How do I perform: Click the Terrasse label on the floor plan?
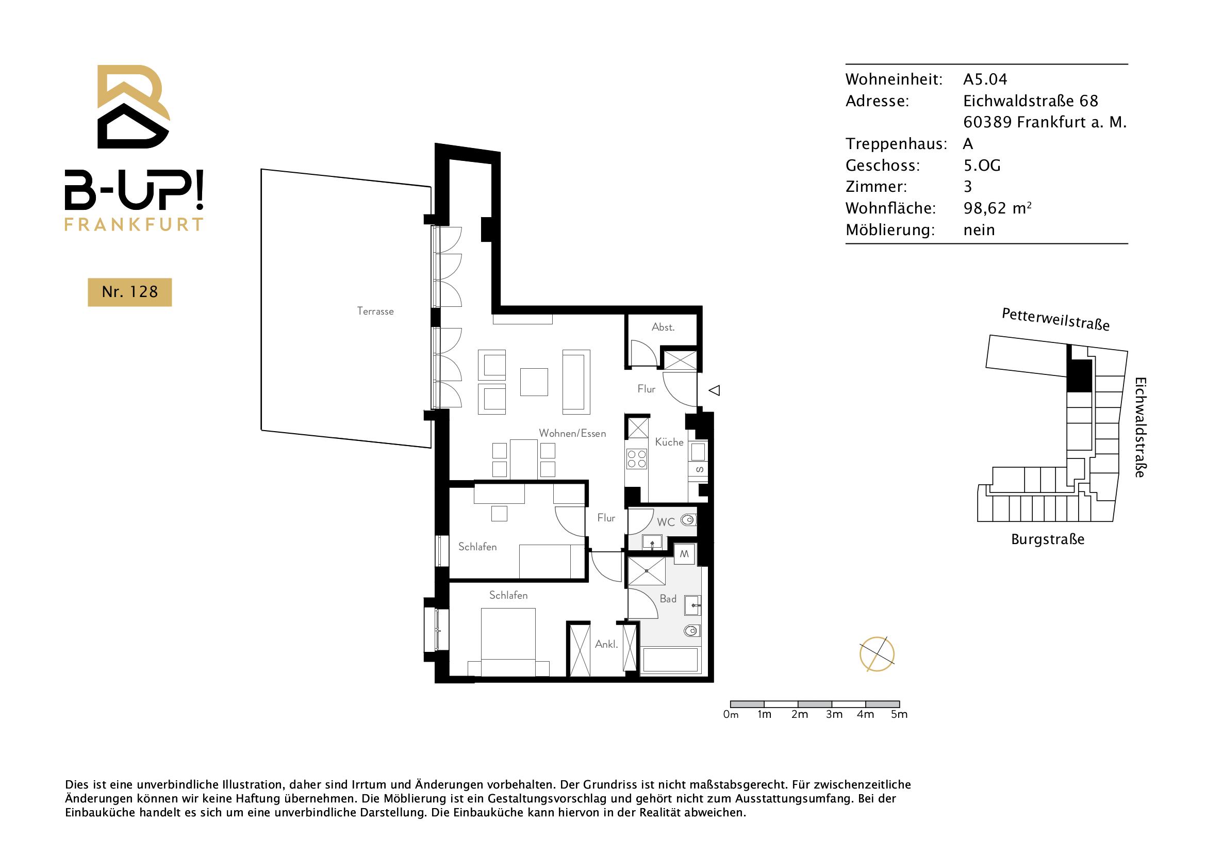[375, 311]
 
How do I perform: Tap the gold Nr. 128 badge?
[130, 292]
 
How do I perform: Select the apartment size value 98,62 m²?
[997, 208]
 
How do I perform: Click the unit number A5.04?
[985, 79]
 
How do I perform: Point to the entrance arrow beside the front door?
[714, 390]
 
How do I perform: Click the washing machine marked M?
[684, 554]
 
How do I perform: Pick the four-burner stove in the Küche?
[637, 459]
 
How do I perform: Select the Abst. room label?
[663, 327]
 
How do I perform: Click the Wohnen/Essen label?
[572, 433]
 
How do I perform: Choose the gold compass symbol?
[877, 654]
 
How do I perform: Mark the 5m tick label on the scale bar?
[899, 714]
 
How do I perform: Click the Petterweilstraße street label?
[1055, 319]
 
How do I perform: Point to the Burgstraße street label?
[1047, 539]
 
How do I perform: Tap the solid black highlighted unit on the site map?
[1079, 375]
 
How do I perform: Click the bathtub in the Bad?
[670, 660]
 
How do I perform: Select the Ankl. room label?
[606, 644]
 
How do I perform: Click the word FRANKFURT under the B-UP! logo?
[134, 224]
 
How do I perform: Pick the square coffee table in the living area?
[534, 382]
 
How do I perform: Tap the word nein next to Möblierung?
[979, 230]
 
